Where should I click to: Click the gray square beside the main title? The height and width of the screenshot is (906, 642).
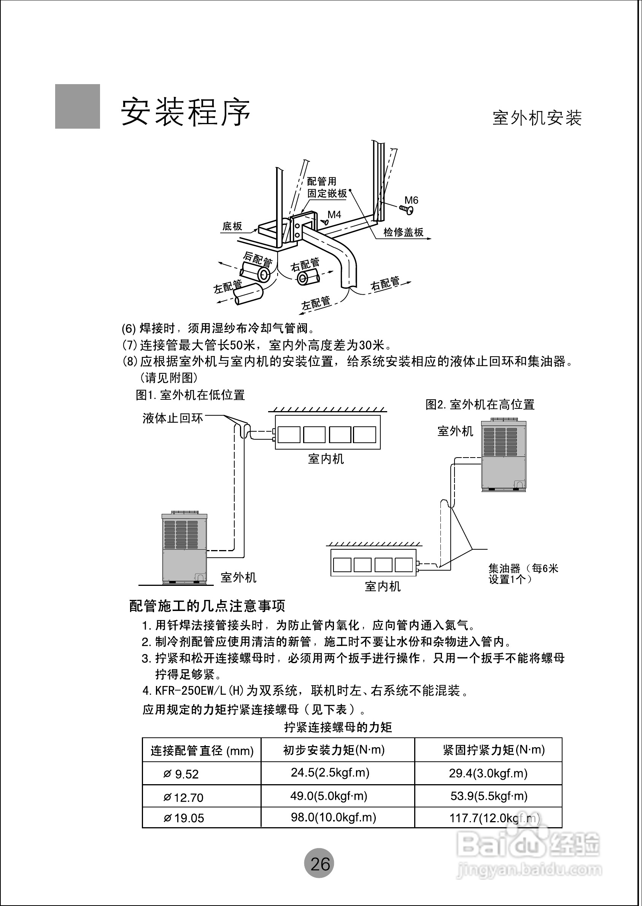78,107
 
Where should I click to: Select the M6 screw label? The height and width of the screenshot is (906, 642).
411,201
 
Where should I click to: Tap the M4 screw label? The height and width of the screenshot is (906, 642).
334,215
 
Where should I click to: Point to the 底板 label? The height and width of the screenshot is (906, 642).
232,226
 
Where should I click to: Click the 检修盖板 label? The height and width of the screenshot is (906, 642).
403,232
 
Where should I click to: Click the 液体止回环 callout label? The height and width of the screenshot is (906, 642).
173,419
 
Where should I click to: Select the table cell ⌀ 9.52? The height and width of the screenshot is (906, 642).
181,774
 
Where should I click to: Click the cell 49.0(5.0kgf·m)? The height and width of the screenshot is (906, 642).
329,796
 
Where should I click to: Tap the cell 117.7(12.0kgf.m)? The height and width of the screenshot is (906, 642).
494,818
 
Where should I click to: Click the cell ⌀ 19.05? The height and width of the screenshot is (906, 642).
184,818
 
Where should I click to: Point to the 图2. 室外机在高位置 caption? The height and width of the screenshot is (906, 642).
480,404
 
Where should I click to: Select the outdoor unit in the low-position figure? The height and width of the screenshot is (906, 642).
184,548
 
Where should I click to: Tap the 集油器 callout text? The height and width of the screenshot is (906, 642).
523,574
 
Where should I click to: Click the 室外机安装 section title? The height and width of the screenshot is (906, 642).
537,118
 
